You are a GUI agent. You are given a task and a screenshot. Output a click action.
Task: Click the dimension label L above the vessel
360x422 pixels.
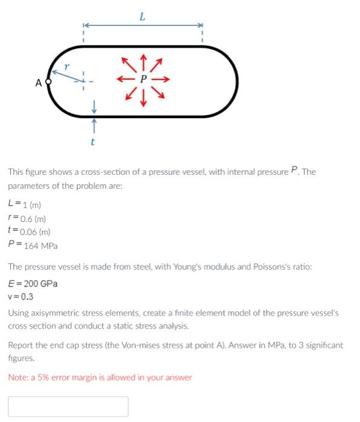[x=142, y=17]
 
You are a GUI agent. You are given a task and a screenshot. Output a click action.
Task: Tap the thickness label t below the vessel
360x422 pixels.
[x=93, y=142]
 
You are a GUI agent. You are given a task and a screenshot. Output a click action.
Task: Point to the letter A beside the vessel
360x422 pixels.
[x=38, y=83]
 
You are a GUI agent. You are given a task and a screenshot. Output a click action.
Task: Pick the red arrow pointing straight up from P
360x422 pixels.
[x=143, y=61]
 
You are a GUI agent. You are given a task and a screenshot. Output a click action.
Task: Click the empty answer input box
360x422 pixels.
[x=68, y=406]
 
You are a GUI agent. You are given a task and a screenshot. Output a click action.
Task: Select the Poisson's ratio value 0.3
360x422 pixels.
[x=27, y=297]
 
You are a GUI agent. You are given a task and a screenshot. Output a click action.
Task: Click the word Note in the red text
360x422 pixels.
[x=17, y=377]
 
